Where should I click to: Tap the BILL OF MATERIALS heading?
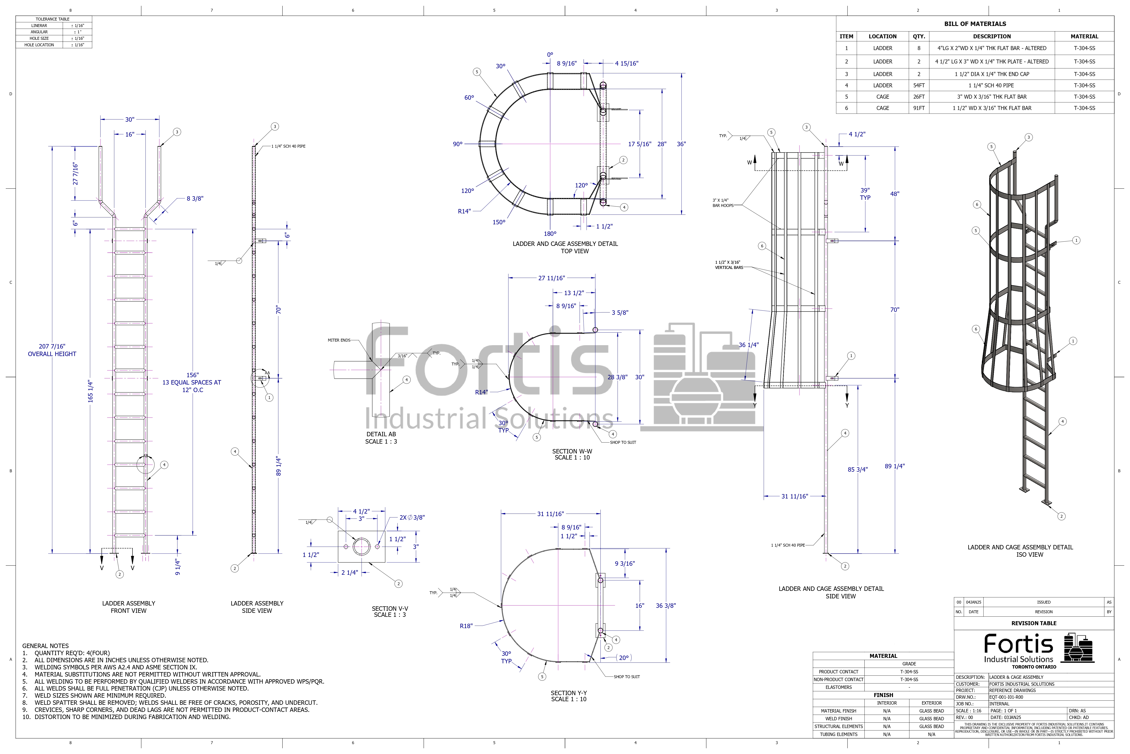975,23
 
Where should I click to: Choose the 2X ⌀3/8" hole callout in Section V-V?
412,517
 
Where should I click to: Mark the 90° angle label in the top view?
457,144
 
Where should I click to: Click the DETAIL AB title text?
381,434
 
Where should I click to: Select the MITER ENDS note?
339,340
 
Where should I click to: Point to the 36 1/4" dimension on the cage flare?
749,345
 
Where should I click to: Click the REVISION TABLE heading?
1034,623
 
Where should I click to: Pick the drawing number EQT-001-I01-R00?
1006,697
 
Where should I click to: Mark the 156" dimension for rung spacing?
192,375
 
